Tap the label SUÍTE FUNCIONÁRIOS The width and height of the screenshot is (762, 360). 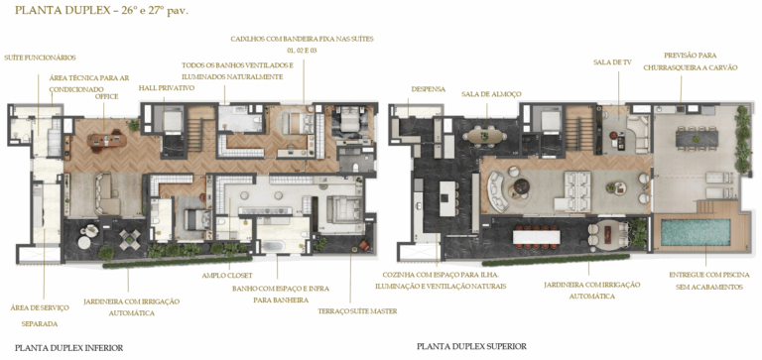40,58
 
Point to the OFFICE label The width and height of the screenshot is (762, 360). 107,97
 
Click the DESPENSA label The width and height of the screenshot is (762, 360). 428,88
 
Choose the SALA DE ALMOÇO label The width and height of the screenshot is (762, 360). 491,94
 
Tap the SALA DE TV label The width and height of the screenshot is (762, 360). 612,61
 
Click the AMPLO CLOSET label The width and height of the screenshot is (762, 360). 227,275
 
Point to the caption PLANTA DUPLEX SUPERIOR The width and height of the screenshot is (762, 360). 472,347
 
